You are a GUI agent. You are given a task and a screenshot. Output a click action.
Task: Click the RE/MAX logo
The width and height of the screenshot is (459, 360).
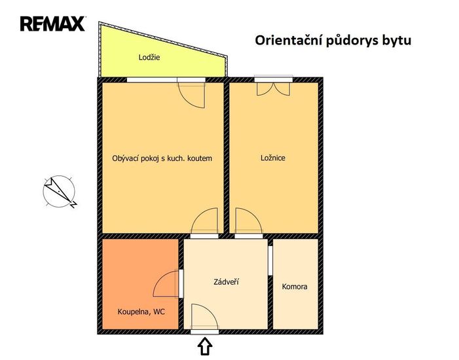pos(52,24)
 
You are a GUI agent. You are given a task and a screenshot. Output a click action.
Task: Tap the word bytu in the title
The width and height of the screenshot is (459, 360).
pos(396,41)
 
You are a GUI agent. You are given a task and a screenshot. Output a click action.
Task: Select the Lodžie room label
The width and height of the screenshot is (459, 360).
pos(149,57)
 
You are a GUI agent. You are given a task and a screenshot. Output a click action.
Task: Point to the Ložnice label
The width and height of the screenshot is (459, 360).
pos(273,158)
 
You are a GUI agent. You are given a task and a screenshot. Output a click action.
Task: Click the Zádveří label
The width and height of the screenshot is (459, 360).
pos(226,282)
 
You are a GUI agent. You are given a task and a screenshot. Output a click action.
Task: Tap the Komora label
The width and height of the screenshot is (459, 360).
pos(295,287)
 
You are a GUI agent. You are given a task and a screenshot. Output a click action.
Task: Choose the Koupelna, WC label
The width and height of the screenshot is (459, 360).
pos(141,312)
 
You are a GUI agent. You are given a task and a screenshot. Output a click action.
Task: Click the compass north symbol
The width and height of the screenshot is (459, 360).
pos(60,192)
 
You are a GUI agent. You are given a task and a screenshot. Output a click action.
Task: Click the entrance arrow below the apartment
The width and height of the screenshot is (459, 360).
pos(205,346)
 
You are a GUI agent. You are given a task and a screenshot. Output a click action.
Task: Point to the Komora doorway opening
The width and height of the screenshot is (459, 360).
pos(270,261)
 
